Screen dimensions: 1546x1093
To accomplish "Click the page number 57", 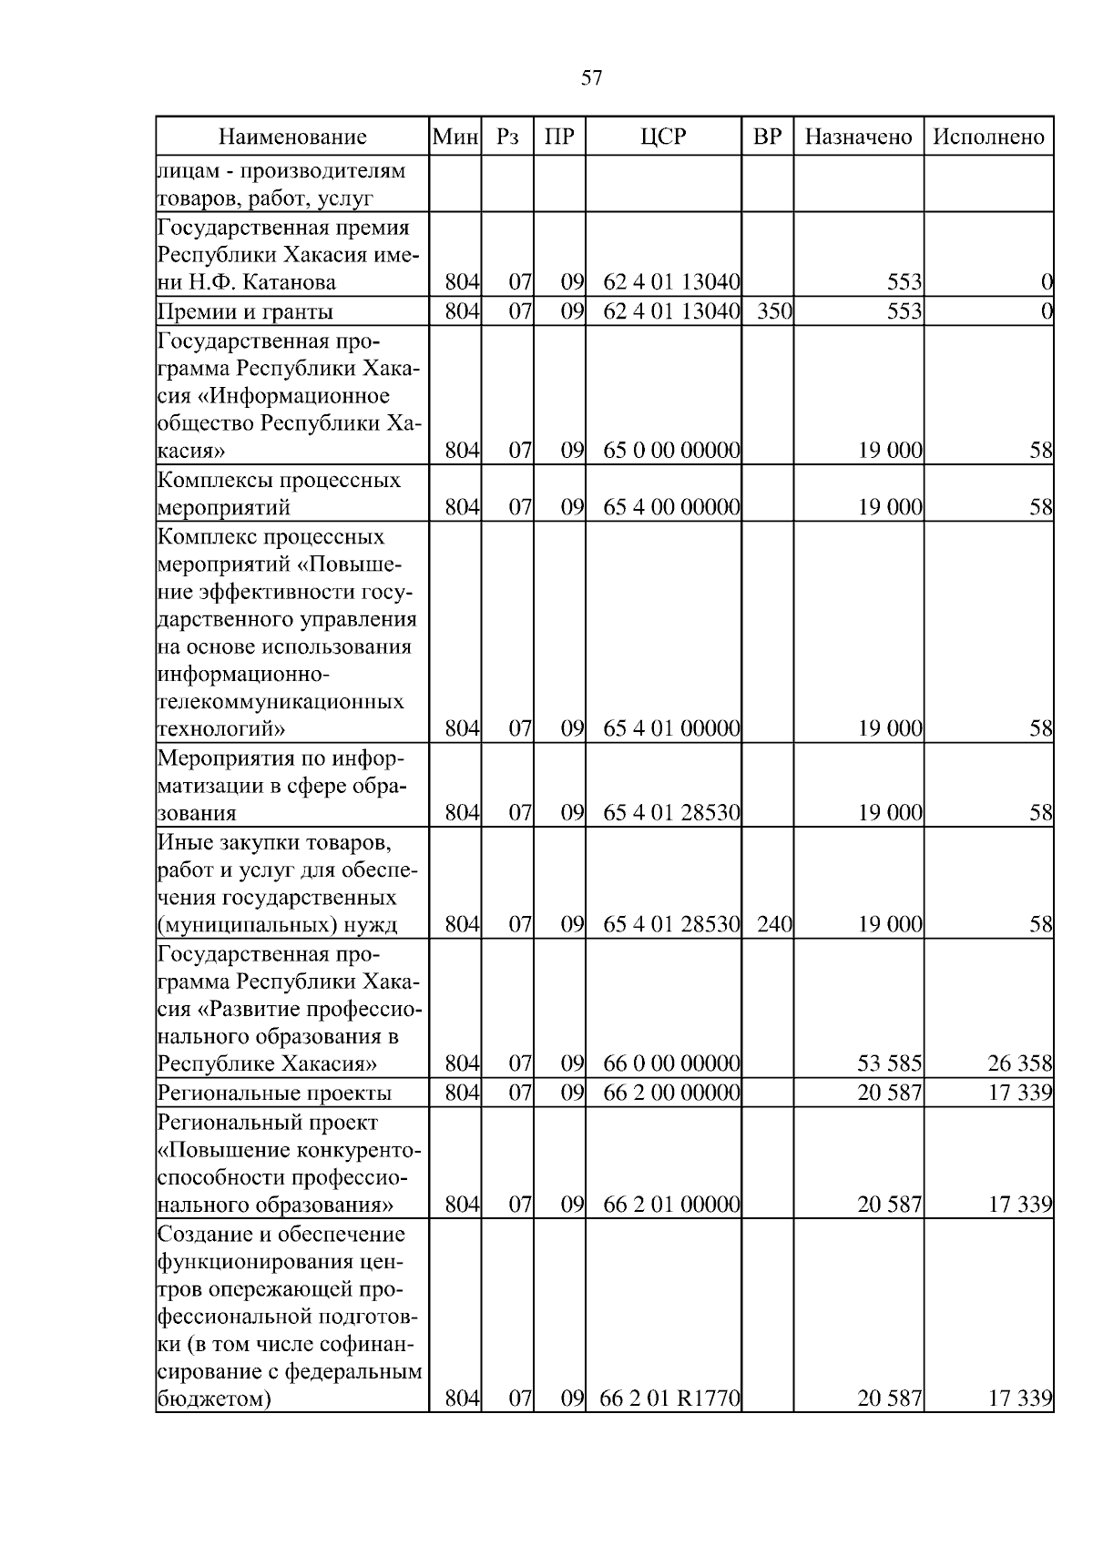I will coord(591,78).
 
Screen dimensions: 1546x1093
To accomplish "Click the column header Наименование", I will coord(292,137).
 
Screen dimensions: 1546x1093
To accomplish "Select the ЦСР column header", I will coord(663,137).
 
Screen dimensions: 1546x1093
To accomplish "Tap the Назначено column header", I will coord(858,137).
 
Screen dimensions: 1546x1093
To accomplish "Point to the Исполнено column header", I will coord(988,137).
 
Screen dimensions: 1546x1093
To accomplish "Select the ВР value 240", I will coord(774,925).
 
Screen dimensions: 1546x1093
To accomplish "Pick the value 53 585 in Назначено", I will coord(889,1063).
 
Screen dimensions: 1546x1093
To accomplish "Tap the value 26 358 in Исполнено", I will coord(1020,1063).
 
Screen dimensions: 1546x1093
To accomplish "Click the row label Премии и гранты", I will coord(245,312).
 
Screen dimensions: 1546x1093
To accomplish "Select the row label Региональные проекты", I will coord(274,1093).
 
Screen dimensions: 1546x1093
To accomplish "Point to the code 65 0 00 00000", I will coord(671,451).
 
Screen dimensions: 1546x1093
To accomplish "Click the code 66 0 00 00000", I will coord(671,1063).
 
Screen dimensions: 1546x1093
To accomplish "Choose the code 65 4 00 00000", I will coord(671,507).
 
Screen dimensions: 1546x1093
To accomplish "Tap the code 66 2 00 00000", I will coord(671,1093).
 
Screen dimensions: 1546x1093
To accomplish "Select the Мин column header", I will coord(455,137).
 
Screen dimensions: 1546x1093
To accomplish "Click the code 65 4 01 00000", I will coord(671,729).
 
